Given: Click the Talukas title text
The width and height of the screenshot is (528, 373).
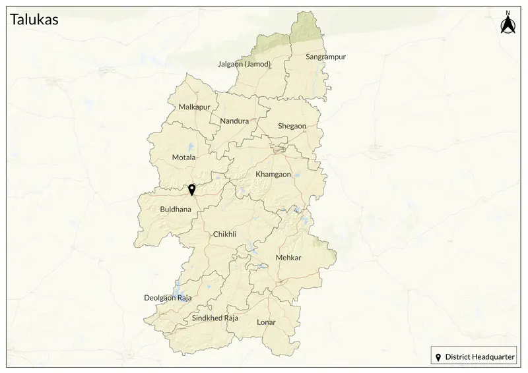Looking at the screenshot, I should tap(34, 20).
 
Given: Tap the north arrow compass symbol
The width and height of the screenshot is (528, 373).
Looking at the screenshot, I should tap(508, 25).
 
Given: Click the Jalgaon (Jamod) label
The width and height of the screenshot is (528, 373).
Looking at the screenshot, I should tap(244, 64).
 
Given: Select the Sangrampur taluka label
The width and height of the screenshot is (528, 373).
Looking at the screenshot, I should tap(325, 57).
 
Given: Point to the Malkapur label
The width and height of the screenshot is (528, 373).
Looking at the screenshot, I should tap(194, 107).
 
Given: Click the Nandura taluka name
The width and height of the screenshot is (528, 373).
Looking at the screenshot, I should tap(234, 121).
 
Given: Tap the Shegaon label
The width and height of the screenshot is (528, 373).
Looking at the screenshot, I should tap(292, 126).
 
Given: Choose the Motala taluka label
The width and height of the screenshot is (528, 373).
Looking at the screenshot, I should tap(183, 158).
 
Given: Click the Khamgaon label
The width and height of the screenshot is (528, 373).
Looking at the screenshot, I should tap(273, 174).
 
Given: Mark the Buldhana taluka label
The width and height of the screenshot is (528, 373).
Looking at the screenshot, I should tap(176, 210).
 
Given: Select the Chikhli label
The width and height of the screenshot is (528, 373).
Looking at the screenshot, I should tap(224, 234).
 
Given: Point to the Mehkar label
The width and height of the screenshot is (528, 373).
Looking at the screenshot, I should tap(288, 258).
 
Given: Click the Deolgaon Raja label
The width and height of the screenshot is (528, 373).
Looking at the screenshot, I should tap(168, 298).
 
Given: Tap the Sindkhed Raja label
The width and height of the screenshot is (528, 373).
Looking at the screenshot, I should tap(214, 318).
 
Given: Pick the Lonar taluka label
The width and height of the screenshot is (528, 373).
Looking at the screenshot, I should tap(266, 322).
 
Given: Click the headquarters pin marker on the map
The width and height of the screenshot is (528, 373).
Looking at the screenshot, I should tap(191, 190).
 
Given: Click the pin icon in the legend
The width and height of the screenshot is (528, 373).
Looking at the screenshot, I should tap(438, 357).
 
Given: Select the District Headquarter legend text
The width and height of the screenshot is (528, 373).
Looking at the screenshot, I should tap(480, 357).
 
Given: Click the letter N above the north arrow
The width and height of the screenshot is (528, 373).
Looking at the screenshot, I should tap(508, 13).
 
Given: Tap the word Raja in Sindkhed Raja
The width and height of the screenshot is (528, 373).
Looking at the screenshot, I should tap(230, 318).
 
